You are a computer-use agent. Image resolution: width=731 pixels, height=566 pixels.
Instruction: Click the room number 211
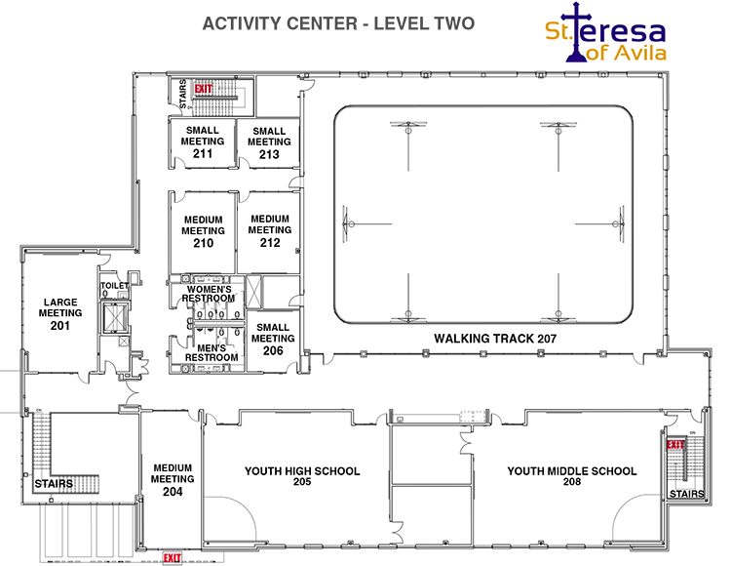pos(203,153)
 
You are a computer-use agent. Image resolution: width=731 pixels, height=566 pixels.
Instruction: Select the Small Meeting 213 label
pos(269,142)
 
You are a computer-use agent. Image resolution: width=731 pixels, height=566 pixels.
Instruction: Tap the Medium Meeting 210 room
pos(203,231)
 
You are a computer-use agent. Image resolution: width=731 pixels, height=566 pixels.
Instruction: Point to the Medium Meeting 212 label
pos(270,230)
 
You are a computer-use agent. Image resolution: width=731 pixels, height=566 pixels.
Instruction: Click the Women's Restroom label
pos(210,295)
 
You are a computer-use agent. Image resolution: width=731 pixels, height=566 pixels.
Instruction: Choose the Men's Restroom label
pos(212,352)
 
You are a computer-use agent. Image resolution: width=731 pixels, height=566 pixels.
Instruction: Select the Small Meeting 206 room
pos(273,339)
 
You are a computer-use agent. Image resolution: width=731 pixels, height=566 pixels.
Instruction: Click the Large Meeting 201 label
pos(59,313)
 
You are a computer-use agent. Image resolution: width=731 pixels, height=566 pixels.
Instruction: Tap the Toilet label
pos(115,286)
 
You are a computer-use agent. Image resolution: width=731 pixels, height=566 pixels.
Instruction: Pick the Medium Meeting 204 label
pos(173,479)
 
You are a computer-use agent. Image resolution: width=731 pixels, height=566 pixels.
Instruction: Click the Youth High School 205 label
pos(302,476)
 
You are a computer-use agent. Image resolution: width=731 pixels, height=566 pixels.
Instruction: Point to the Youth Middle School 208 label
pos(571,476)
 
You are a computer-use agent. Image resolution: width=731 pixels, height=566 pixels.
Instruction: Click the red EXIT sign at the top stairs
pos(203,89)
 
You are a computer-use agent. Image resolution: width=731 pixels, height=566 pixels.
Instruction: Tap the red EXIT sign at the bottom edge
pos(173,557)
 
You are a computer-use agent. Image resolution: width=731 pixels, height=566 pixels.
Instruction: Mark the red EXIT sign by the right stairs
pos(675,445)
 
